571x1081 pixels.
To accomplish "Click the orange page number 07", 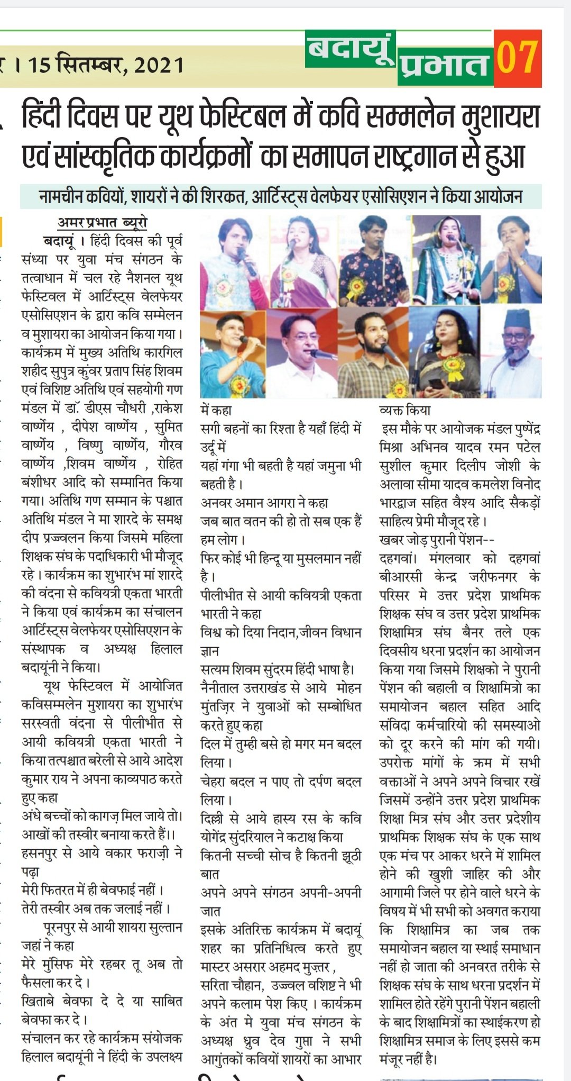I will point(517,58).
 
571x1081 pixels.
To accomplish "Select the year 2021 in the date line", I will point(159,65).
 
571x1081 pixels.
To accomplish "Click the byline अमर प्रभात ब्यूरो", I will point(103,223).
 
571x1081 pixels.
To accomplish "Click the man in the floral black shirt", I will point(373,262).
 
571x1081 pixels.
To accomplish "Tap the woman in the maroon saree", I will point(302,262).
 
